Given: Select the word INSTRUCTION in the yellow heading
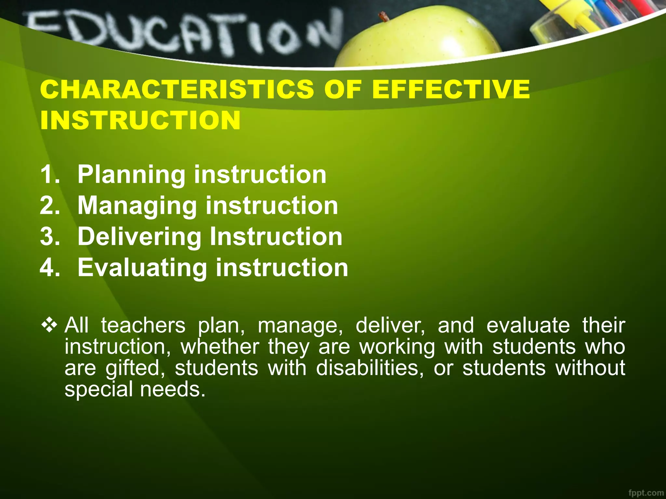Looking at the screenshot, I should pos(140,120).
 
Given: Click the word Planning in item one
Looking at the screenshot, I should pos(131,175).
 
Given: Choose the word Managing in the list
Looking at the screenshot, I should pos(137,206).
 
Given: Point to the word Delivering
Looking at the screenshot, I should pos(139,237).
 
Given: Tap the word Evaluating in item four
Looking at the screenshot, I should pos(142,268).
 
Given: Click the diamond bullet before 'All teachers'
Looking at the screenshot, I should pos(49,325).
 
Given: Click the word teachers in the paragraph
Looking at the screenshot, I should pos(143,325).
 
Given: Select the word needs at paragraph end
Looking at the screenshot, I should pos(173,389).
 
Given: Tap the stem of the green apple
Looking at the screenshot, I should pos(384,16).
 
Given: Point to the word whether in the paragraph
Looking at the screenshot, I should pos(220,347).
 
